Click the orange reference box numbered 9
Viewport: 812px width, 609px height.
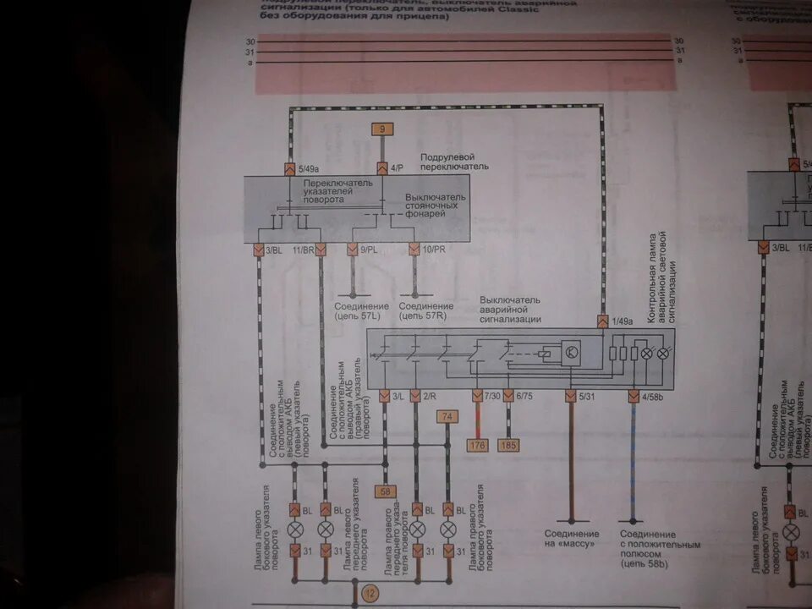point(382,129)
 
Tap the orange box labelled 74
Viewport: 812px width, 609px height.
point(447,415)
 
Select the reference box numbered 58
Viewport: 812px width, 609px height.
point(386,491)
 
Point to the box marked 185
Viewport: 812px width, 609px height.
point(509,445)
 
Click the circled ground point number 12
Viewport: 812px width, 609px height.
point(370,595)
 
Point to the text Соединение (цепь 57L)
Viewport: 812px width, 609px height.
point(361,311)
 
